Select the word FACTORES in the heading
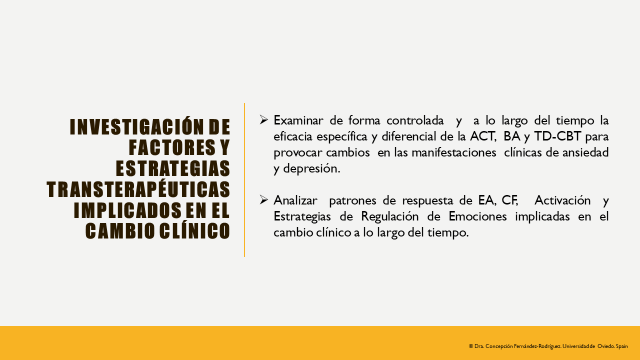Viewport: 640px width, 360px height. click(150, 146)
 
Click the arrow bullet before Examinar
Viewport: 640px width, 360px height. click(263, 119)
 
